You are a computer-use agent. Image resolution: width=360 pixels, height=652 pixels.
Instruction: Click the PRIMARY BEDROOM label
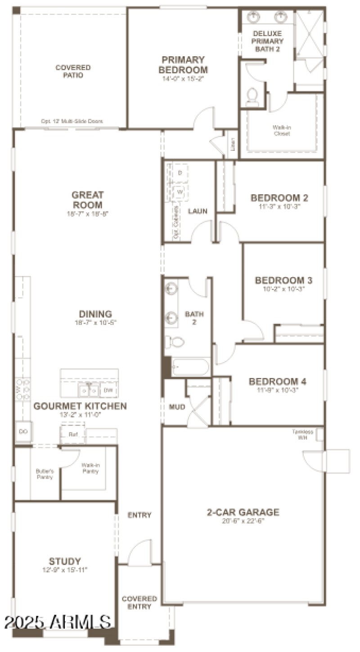point(184,65)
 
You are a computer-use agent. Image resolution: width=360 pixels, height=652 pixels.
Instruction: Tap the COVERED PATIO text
point(73,71)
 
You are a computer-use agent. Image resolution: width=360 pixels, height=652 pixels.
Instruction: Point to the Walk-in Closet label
point(281,130)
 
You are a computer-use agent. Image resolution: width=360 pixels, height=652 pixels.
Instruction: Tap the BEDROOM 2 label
point(279,198)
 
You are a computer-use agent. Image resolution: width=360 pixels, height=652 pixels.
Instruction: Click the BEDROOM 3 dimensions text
point(283,289)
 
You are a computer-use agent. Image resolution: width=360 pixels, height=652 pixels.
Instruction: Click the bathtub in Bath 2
point(190,367)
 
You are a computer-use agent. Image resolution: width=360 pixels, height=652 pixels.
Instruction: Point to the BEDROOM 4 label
point(278,382)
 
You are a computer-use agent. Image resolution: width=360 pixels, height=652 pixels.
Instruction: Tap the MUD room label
point(177,407)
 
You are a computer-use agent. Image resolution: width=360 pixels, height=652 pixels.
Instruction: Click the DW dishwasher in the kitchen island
point(108,390)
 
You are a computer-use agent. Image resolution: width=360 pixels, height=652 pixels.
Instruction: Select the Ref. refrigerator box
point(73,434)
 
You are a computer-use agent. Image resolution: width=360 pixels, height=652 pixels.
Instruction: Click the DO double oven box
point(22,432)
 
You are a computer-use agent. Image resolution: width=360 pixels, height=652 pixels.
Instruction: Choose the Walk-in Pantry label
point(90,468)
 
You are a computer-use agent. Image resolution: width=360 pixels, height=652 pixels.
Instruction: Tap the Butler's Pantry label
point(45,474)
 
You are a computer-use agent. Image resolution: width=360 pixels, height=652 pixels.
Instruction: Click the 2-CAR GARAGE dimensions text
point(243,522)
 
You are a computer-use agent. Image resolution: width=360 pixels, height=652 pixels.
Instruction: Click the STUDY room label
point(65,561)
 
